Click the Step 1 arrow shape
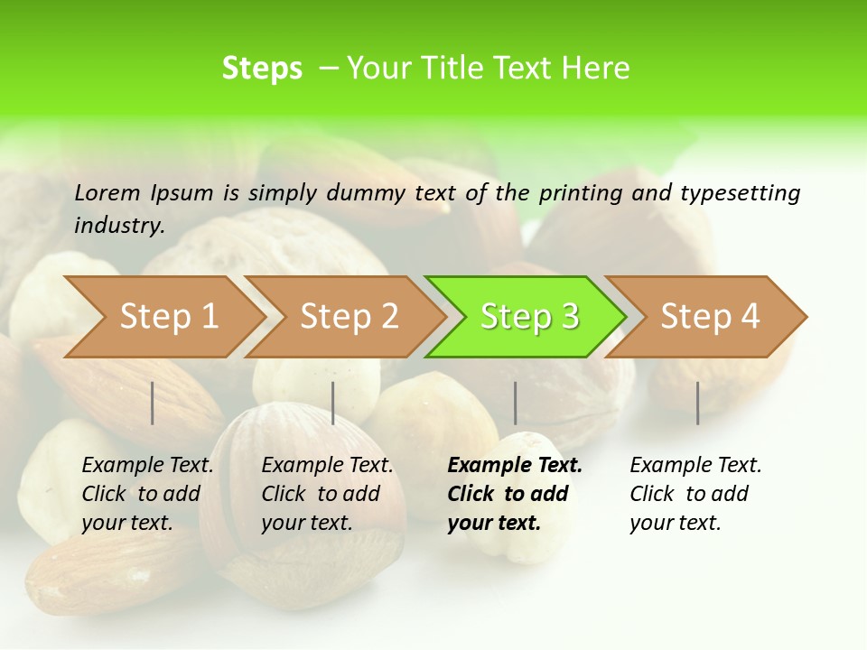click(x=167, y=317)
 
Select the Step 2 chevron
click(x=348, y=317)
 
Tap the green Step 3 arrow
click(x=528, y=317)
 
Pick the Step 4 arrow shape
click(x=709, y=317)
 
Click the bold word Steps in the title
click(x=262, y=69)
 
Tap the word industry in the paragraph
click(x=118, y=225)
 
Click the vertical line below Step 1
click(x=153, y=403)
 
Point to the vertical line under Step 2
click(x=333, y=403)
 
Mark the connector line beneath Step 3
click(x=516, y=403)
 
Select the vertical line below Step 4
click(x=698, y=403)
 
